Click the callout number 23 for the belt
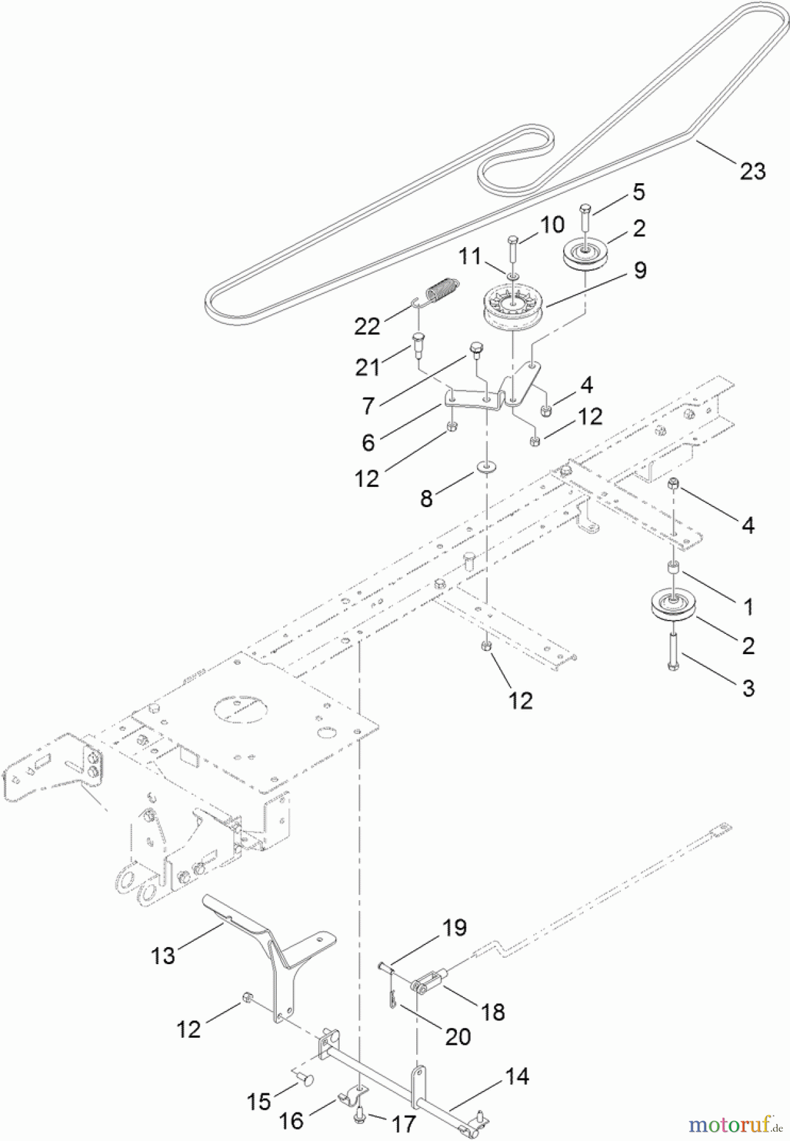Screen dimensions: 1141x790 pos(752,171)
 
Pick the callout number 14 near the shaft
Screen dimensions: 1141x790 pos(517,1076)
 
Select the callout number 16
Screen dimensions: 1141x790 pos(291,1121)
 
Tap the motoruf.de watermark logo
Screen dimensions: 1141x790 pos(734,1125)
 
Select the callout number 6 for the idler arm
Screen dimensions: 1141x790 pos(368,442)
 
